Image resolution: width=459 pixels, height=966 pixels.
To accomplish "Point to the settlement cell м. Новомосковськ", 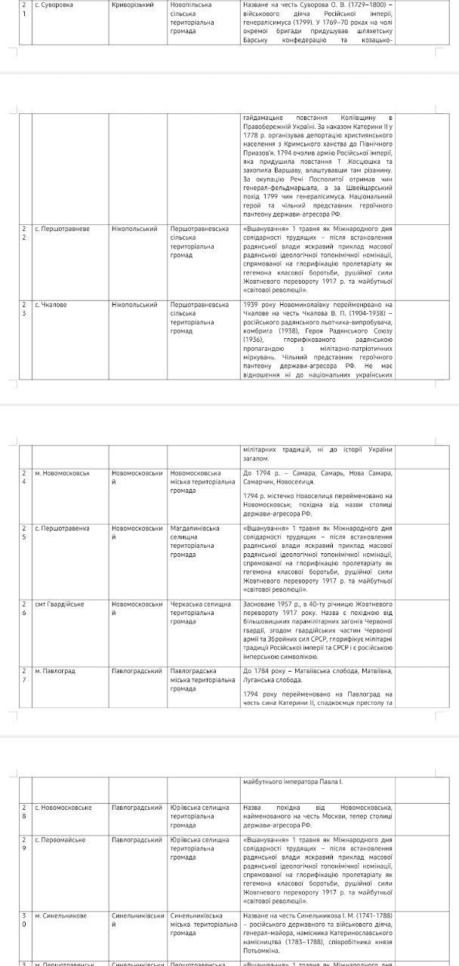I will click(x=63, y=473).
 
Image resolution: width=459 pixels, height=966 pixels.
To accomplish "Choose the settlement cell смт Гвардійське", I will click(x=60, y=604).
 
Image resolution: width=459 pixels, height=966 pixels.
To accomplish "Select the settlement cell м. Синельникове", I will click(x=61, y=915).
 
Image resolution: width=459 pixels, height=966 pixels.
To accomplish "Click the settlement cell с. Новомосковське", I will click(x=64, y=807).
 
